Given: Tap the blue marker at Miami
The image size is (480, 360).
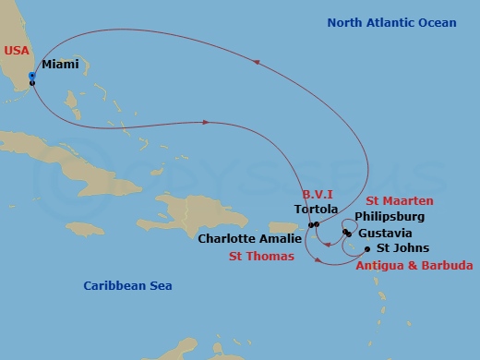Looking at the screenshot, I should pyautogui.click(x=32, y=76).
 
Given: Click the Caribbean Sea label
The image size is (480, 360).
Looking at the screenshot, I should pyautogui.click(x=127, y=286).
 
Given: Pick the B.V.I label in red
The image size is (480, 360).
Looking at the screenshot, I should pyautogui.click(x=317, y=195).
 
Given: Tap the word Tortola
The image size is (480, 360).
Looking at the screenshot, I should pyautogui.click(x=309, y=209).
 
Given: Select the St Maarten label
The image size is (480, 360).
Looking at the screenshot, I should pyautogui.click(x=400, y=201).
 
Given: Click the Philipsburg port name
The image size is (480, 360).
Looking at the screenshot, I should pyautogui.click(x=390, y=217).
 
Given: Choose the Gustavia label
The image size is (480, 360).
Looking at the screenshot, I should pyautogui.click(x=385, y=233).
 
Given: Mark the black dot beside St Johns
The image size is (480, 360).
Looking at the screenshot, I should pyautogui.click(x=367, y=249).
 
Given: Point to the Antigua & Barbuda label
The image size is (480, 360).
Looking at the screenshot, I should pyautogui.click(x=414, y=266).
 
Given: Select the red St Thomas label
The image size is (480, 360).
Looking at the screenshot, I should pyautogui.click(x=261, y=256).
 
